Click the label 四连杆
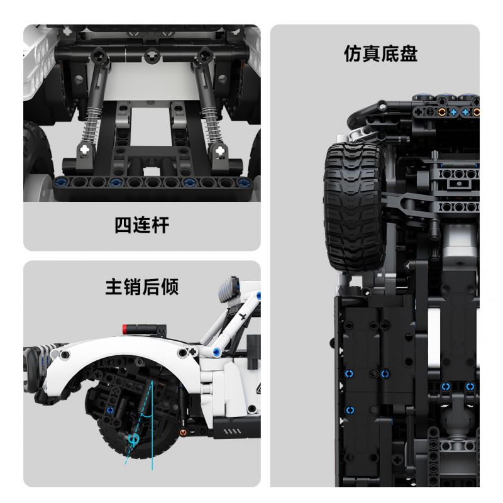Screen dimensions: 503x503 [141, 225]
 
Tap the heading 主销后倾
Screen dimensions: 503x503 [141, 287]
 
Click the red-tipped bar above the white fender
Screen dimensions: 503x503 [144, 328]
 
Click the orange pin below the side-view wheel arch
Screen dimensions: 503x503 [183, 433]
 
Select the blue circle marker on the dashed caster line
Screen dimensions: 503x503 [134, 438]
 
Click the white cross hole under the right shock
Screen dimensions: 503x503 [219, 151]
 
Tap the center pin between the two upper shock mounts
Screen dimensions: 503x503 [151, 57]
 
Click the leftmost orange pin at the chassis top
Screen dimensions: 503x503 [441, 112]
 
